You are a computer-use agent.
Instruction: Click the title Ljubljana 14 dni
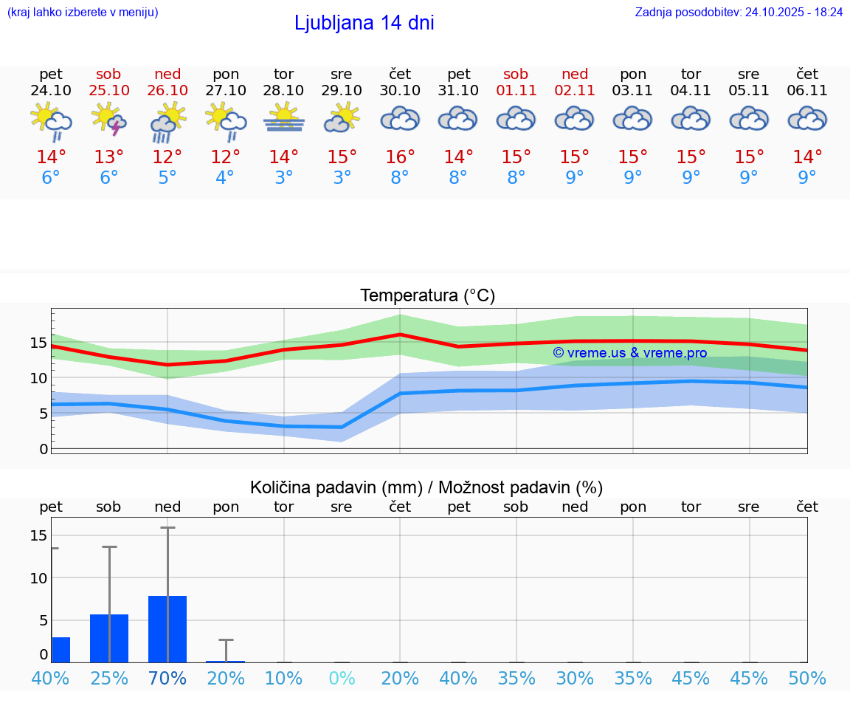(x=364, y=23)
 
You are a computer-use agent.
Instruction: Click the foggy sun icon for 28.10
(x=284, y=118)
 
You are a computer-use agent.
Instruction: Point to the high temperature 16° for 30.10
(x=400, y=157)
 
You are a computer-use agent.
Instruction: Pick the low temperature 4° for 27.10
(x=225, y=177)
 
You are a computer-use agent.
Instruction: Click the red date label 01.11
(x=516, y=91)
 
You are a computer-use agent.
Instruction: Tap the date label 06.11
(x=807, y=91)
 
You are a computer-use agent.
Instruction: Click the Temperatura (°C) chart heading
(x=427, y=296)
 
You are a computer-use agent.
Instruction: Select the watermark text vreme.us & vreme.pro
(x=630, y=353)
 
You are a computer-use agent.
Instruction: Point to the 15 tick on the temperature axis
(x=38, y=343)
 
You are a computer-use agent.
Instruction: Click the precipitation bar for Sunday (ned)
(x=167, y=628)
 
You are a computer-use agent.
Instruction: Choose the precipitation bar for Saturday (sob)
(x=109, y=638)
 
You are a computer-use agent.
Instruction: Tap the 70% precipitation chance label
(x=167, y=679)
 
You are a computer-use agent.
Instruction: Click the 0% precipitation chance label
(x=342, y=679)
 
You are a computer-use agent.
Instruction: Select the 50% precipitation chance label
(x=807, y=679)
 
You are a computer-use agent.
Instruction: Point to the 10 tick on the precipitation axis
(x=38, y=578)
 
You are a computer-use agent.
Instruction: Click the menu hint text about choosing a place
(x=83, y=13)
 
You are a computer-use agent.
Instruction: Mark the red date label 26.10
(x=167, y=91)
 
